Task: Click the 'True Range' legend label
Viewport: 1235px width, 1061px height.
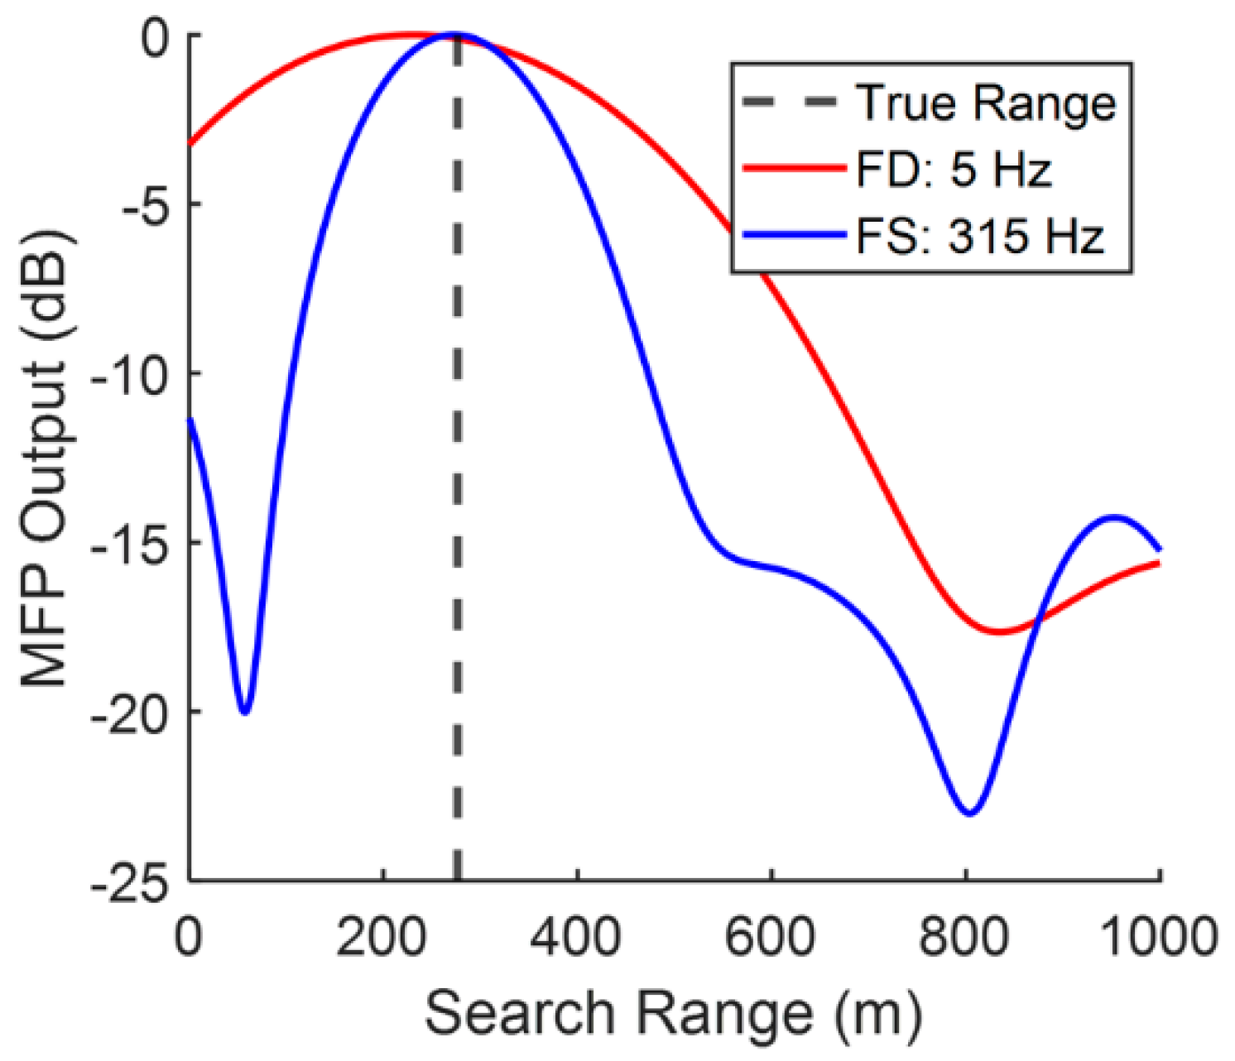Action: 986,103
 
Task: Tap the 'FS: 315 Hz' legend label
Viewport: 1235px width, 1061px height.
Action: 980,237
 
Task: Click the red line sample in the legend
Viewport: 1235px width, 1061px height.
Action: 795,169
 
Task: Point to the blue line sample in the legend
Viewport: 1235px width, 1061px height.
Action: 795,236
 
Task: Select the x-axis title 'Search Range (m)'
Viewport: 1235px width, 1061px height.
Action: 673,1013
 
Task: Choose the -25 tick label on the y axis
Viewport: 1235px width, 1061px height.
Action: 137,881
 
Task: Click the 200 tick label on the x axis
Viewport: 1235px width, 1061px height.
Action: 383,938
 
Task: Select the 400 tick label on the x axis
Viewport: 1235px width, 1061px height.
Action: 577,938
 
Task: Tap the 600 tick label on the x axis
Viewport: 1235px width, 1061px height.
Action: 771,938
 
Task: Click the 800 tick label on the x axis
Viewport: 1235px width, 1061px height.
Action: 965,938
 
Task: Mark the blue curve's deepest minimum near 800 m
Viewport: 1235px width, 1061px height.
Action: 969,814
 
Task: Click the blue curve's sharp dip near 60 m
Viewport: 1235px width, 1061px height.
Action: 244,713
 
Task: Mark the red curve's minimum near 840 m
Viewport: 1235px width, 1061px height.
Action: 1001,632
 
